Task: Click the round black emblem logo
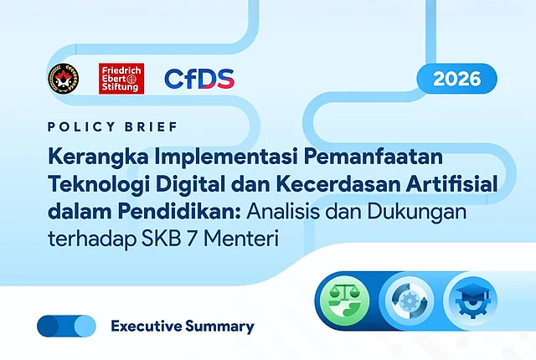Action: click(x=64, y=79)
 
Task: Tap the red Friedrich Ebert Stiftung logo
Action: click(x=121, y=79)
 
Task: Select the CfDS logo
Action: click(x=199, y=79)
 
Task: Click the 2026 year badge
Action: click(x=456, y=79)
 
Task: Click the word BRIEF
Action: click(x=151, y=126)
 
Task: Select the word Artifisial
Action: click(x=451, y=183)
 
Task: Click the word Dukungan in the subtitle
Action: click(x=417, y=213)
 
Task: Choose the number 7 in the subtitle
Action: click(x=192, y=239)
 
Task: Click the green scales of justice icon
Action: click(x=344, y=301)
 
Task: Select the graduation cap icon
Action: click(x=472, y=301)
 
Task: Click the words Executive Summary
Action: click(x=183, y=327)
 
